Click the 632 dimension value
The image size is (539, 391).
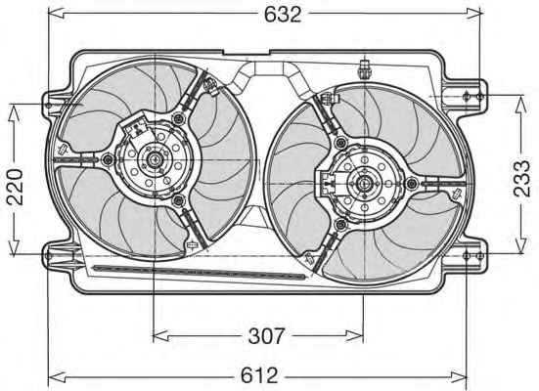pos(283,15)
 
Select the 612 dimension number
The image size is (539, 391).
pos(259,375)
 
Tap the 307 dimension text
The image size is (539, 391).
pos(267,336)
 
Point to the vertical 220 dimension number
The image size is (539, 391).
pos(15,187)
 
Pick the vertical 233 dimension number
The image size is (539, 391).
pos(521,179)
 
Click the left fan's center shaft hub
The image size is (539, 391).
pos(154,159)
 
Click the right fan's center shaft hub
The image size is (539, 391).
pos(363,184)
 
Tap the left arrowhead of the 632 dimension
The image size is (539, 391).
pos(56,13)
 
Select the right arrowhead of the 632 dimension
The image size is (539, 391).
pos(474,13)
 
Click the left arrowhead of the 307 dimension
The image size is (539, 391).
pos(160,335)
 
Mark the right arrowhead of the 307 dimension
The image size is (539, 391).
pos(355,335)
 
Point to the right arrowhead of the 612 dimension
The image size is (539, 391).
pos(458,377)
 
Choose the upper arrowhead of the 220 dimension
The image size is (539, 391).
pos(14,112)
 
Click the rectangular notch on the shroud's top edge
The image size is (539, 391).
pos(247,53)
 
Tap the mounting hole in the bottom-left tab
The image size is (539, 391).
pos(49,255)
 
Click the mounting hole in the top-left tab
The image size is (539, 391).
pos(49,105)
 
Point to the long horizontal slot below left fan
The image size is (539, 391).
pos(200,272)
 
